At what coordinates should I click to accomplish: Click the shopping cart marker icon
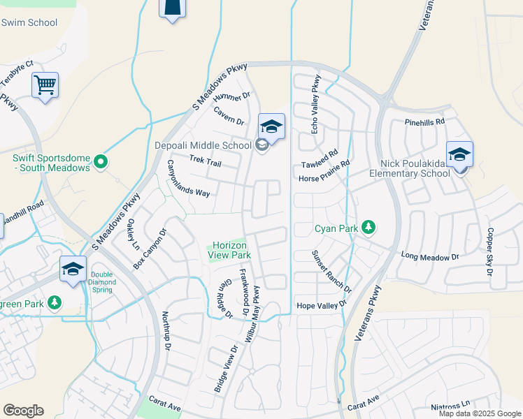(45, 86)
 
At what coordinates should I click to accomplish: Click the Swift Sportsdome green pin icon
(101, 162)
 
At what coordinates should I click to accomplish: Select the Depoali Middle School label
(203, 145)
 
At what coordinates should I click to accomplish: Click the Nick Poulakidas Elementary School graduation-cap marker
(459, 155)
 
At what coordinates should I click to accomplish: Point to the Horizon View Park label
(230, 251)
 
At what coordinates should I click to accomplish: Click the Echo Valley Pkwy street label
(315, 104)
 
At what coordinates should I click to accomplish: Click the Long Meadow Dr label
(430, 257)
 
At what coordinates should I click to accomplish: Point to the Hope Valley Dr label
(322, 305)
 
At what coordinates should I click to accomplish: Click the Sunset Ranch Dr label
(331, 272)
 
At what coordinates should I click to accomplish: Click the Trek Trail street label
(206, 162)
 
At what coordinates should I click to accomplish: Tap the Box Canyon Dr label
(150, 249)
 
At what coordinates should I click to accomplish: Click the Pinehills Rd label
(424, 122)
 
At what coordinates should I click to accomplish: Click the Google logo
(24, 411)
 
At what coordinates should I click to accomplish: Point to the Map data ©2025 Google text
(480, 413)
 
